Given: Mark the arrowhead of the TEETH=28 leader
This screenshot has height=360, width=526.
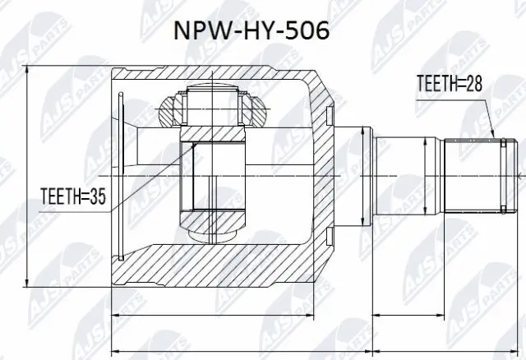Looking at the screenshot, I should click(492, 133).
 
